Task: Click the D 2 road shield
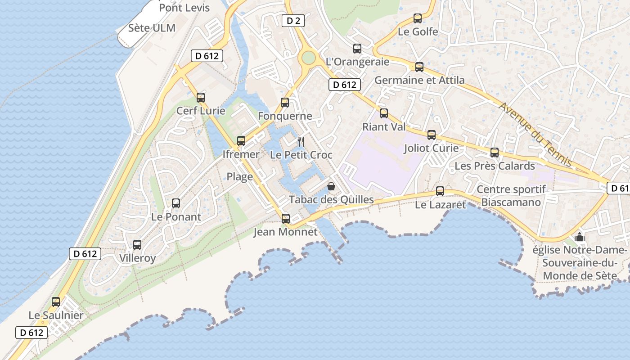pyautogui.click(x=293, y=20)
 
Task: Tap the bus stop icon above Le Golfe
pyautogui.click(x=418, y=18)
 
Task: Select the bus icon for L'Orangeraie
pyautogui.click(x=357, y=49)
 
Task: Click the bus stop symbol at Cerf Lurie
pyautogui.click(x=201, y=97)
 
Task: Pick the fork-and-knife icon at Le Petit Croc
pyautogui.click(x=301, y=142)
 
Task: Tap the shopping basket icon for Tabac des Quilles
pyautogui.click(x=331, y=186)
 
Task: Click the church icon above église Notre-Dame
pyautogui.click(x=580, y=237)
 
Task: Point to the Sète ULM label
pyautogui.click(x=152, y=28)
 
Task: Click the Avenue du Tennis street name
pyautogui.click(x=535, y=134)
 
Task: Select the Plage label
pyautogui.click(x=239, y=177)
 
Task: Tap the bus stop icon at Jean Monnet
pyautogui.click(x=286, y=219)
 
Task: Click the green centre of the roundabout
pyautogui.click(x=308, y=58)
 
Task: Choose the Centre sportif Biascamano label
pyautogui.click(x=511, y=196)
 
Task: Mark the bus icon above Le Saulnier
pyautogui.click(x=56, y=302)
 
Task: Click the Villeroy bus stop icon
pyautogui.click(x=137, y=245)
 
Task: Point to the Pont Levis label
pyautogui.click(x=184, y=8)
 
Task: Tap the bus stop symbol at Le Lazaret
pyautogui.click(x=440, y=191)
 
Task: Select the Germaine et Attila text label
pyautogui.click(x=419, y=80)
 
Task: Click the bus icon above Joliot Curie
pyautogui.click(x=432, y=135)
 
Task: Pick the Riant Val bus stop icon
pyautogui.click(x=384, y=113)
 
